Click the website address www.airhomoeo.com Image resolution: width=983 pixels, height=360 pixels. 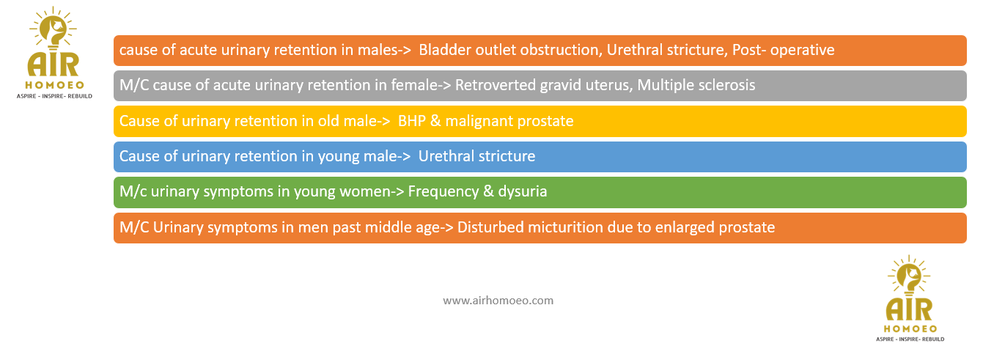(x=498, y=301)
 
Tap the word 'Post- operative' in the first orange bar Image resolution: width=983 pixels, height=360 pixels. (x=784, y=50)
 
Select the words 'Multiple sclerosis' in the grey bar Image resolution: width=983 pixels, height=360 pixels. (x=696, y=85)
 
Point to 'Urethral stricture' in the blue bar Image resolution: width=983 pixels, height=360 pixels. (x=476, y=156)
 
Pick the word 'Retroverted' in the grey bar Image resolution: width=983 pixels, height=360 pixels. (x=496, y=85)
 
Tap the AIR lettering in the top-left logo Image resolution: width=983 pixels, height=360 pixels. (x=54, y=65)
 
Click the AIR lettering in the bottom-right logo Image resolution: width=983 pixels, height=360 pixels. (x=909, y=309)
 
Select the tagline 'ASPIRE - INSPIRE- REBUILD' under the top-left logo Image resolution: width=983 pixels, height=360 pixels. (x=54, y=96)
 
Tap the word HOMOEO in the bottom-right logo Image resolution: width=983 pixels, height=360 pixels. (x=910, y=328)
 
